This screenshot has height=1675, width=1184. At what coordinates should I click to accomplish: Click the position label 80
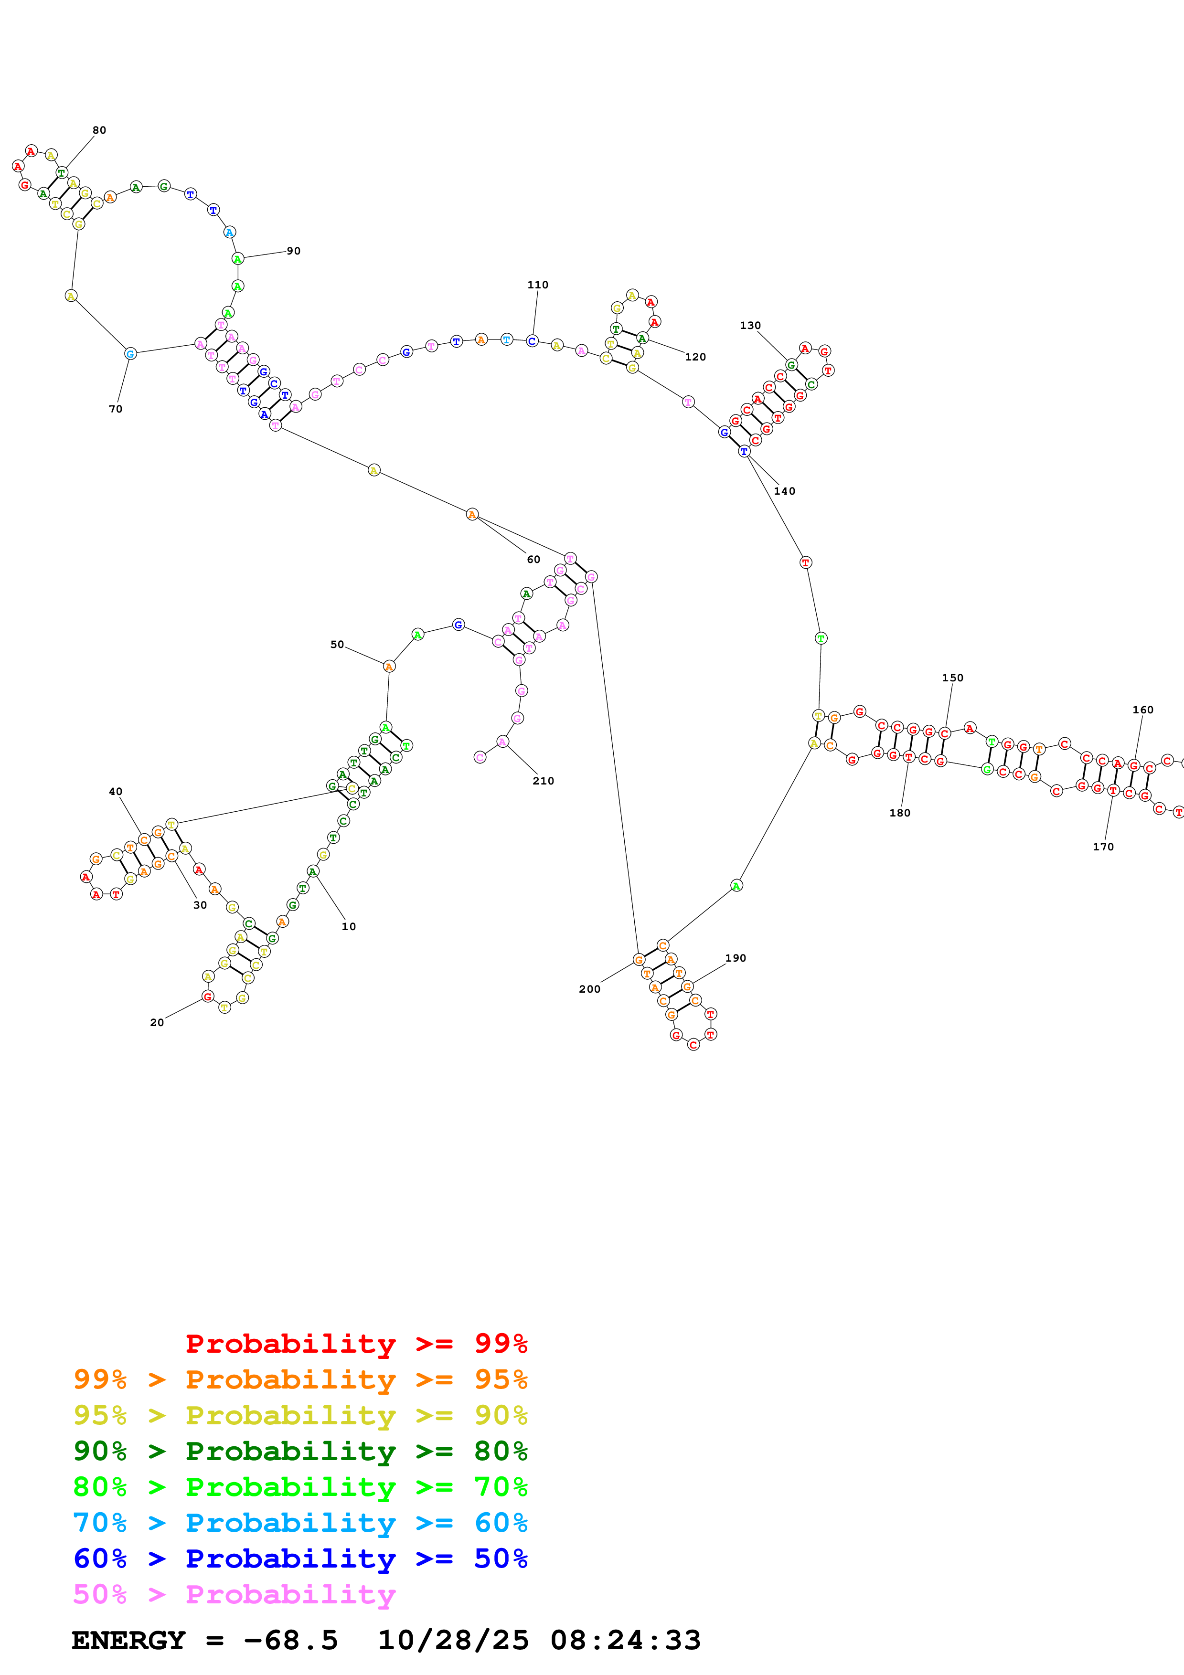99,130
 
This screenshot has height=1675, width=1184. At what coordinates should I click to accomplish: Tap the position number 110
538,285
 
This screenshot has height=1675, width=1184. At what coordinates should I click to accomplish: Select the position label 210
543,781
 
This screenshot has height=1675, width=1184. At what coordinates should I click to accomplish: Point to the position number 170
1103,847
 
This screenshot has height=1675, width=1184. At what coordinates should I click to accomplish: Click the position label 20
157,1023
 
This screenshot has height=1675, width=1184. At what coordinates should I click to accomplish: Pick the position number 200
589,989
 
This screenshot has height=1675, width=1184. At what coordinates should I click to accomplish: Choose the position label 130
750,325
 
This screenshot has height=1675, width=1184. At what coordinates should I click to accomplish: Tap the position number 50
337,644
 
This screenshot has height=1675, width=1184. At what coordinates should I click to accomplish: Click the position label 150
952,678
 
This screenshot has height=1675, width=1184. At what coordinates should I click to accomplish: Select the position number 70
115,409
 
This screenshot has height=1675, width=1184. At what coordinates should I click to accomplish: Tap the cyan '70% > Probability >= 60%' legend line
300,1523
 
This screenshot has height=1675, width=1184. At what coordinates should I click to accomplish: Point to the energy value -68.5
290,1641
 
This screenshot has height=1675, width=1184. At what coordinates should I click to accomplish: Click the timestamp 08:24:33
625,1641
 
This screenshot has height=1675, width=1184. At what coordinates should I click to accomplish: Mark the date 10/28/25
453,1641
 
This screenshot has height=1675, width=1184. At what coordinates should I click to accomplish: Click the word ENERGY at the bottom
128,1641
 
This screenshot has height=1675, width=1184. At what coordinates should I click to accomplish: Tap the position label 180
899,813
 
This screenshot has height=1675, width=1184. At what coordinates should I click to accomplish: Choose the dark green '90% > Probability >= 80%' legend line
300,1451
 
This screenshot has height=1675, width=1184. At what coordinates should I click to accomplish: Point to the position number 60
533,560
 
